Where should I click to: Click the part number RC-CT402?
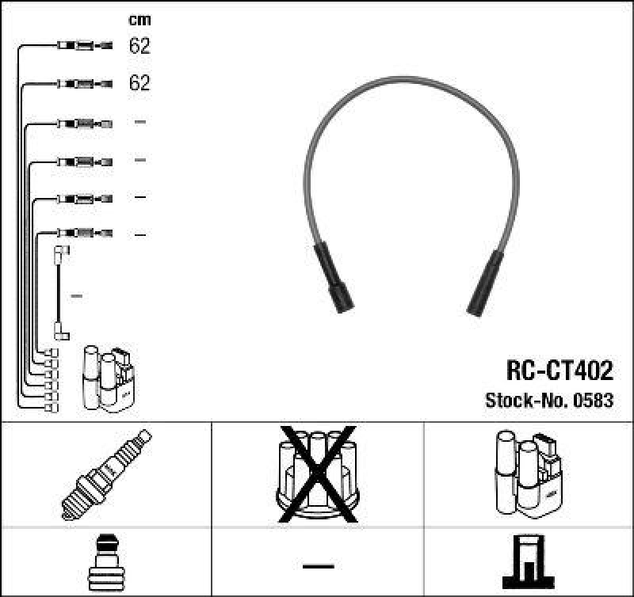coord(559,370)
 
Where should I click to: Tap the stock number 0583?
coord(594,400)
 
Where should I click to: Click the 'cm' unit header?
coord(139,20)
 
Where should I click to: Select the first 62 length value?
coord(139,46)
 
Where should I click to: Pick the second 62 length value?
coord(139,83)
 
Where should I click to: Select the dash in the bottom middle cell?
coord(317,565)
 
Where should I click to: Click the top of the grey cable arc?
coord(412,80)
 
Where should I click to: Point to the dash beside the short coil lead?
coord(77,296)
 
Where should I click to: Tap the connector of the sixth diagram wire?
coord(83,234)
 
